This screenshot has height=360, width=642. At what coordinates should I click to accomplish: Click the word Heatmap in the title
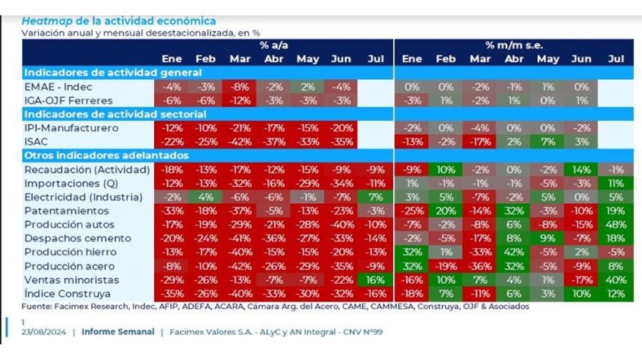pyautogui.click(x=45, y=21)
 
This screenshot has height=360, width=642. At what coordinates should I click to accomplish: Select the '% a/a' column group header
pyautogui.click(x=274, y=45)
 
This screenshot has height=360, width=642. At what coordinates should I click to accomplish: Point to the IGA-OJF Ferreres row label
pyautogui.click(x=67, y=100)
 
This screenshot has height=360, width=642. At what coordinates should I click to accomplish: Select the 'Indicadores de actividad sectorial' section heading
pyautogui.click(x=113, y=114)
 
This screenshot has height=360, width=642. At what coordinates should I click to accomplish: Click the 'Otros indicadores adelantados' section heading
pyautogui.click(x=106, y=155)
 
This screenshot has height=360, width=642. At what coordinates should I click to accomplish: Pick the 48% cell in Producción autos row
pyautogui.click(x=615, y=225)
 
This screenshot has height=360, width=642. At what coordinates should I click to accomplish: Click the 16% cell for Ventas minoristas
pyautogui.click(x=376, y=279)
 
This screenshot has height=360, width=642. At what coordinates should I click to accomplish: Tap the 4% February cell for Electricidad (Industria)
pyautogui.click(x=206, y=197)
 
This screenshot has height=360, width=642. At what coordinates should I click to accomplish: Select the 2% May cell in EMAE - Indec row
pyautogui.click(x=307, y=86)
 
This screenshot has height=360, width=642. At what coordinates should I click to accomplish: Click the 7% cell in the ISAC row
pyautogui.click(x=547, y=142)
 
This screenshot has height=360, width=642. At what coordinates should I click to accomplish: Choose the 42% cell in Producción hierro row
pyautogui.click(x=514, y=252)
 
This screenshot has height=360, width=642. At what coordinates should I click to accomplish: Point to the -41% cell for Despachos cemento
pyautogui.click(x=240, y=238)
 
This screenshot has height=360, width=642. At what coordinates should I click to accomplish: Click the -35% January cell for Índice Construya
pyautogui.click(x=172, y=293)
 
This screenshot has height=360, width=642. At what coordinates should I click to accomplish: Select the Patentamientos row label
pyautogui.click(x=66, y=211)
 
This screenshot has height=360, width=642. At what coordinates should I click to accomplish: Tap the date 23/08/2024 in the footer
pyautogui.click(x=45, y=332)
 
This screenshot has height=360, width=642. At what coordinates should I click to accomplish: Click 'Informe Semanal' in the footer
pyautogui.click(x=118, y=332)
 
